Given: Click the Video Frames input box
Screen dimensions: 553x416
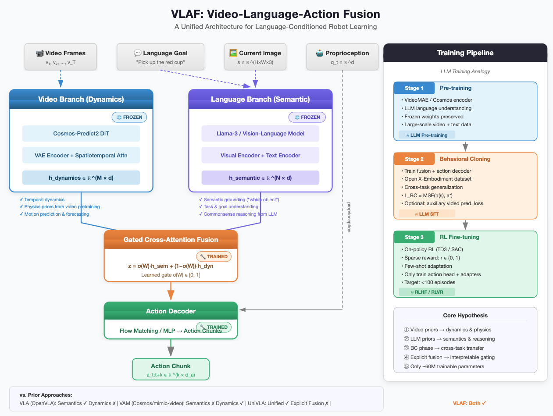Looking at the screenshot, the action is pos(61,57).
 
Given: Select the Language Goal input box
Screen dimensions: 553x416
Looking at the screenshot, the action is pos(161,57).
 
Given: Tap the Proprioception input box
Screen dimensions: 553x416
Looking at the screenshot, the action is pos(343,57).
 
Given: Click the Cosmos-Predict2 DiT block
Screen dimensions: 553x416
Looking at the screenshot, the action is pos(81,133).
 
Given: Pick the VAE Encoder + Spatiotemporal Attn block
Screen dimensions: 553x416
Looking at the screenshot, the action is pos(81,155).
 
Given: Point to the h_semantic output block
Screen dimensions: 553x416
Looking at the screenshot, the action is pos(260,178).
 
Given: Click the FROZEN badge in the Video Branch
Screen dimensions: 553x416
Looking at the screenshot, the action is pos(129,117).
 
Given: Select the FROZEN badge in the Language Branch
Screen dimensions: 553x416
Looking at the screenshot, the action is pos(307,117).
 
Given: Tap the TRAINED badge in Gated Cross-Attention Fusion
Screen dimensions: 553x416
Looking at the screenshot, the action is pos(214,256).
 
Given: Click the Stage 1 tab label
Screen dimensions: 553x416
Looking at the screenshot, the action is pos(414,88).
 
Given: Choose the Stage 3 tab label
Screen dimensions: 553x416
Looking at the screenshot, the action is pos(414,237).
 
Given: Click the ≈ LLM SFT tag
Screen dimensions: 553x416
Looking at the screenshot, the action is pos(427,214).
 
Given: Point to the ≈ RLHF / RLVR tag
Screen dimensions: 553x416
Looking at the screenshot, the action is pos(427,292).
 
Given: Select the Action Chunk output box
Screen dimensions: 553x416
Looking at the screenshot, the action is pos(171,370).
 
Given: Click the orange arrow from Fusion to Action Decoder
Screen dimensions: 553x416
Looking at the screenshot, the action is pos(171,291).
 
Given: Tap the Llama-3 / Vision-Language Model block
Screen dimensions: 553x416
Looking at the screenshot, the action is pos(260,133).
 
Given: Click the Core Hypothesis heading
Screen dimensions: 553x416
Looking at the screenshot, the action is pos(465,316).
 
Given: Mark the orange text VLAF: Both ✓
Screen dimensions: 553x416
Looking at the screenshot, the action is pos(469,403).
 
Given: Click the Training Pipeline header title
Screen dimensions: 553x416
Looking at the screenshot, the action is pos(465,53).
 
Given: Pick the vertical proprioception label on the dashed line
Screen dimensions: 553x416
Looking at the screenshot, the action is pos(349,217).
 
